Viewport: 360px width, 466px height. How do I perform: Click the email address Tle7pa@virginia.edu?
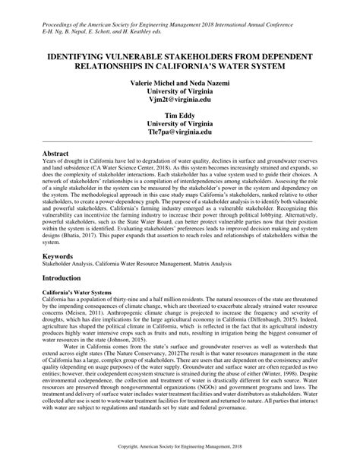coord(179,132)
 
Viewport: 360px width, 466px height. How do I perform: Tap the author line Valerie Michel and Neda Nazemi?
coord(179,80)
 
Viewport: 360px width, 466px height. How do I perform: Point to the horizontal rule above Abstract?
coord(179,141)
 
